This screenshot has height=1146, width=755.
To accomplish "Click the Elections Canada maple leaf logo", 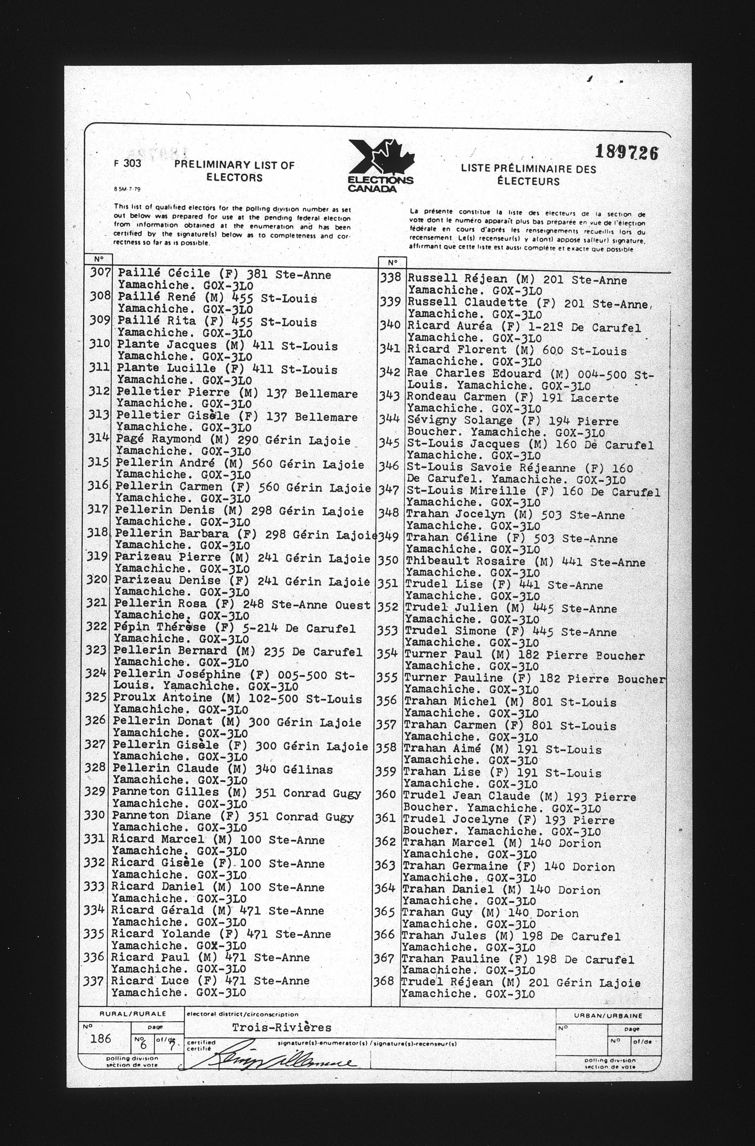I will tap(381, 166).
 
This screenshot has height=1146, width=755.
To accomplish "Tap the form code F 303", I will tap(128, 163).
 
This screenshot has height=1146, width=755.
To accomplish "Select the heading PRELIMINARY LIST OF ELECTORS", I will tap(234, 171).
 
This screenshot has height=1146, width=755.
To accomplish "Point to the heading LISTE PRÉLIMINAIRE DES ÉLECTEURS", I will tap(528, 175).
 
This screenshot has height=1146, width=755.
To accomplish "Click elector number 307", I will tap(100, 272).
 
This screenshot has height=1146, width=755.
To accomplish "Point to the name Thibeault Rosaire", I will tap(465, 561).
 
